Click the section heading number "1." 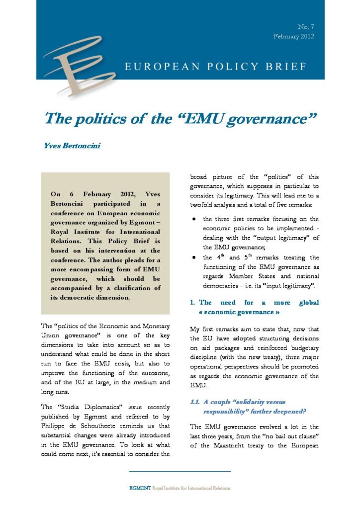(194, 302)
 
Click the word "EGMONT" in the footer (137, 488)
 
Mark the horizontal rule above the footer (180, 472)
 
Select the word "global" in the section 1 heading (308, 302)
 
